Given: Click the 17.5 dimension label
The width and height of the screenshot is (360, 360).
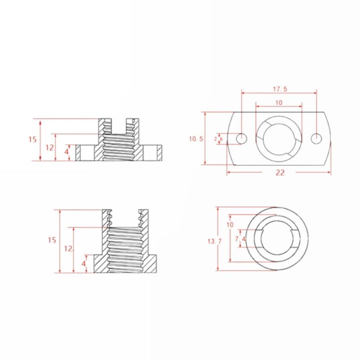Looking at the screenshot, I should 279,89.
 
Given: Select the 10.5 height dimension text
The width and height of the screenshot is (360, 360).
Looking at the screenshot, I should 196,139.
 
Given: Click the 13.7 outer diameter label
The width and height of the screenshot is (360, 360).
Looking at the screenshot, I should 214,242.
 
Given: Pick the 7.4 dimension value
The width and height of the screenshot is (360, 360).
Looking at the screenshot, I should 240,239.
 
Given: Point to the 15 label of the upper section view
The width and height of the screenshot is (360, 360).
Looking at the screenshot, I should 32,139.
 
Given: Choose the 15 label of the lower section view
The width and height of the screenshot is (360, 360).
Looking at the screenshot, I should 52,240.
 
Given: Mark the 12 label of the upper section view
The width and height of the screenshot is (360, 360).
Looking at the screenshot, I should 49,147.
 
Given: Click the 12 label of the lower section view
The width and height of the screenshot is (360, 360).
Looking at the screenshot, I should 68,248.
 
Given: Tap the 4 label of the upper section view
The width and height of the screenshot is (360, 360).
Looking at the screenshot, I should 67,152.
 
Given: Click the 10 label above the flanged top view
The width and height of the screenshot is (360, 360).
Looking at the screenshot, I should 279,103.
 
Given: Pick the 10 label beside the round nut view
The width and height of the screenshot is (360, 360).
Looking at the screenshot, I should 230,225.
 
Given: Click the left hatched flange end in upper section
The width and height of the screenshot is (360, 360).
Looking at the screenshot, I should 78,153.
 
